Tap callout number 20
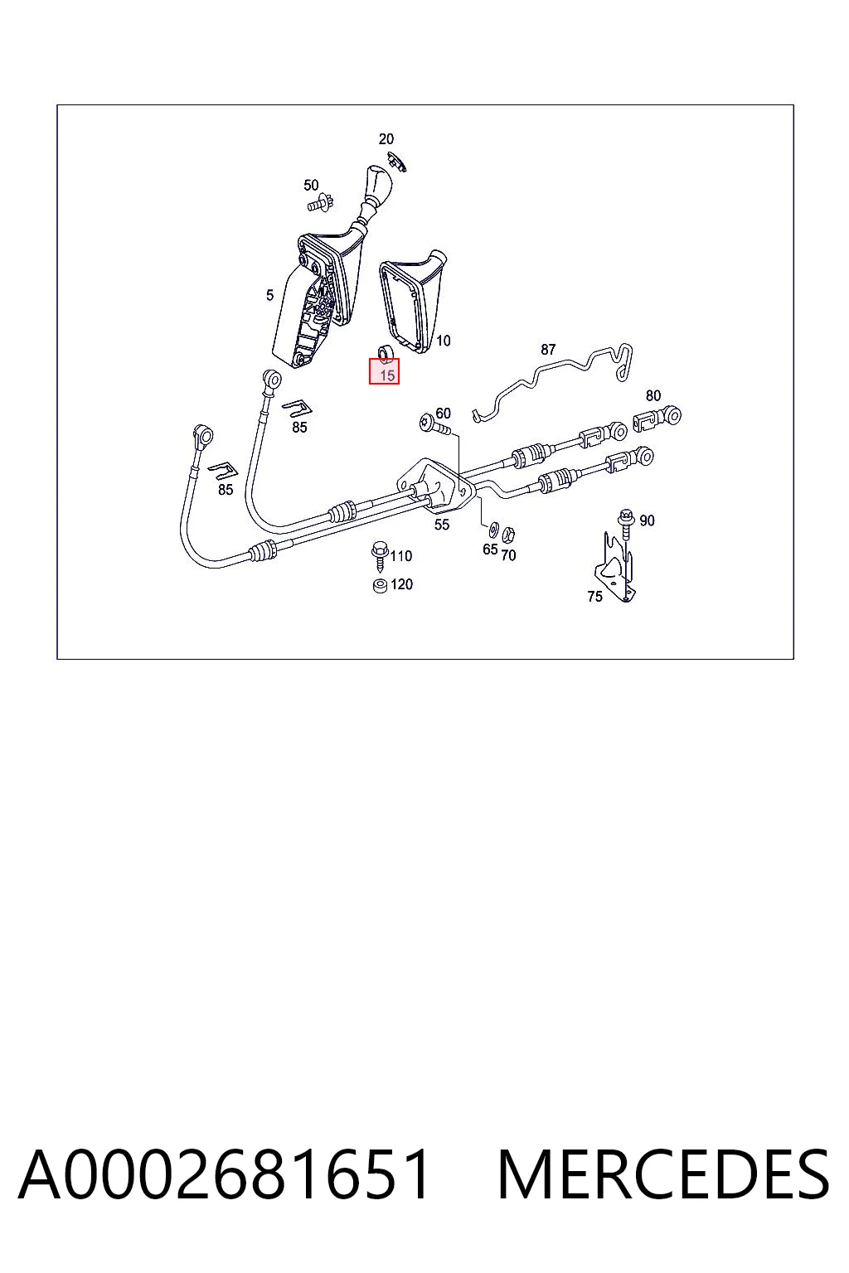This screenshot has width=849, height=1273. click(x=386, y=138)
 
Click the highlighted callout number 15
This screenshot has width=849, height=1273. click(x=387, y=375)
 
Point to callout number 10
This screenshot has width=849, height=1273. click(x=443, y=341)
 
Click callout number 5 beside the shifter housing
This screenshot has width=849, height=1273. click(x=269, y=295)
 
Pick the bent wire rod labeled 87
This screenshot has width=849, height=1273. click(x=552, y=382)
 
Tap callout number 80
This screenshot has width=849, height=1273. click(x=653, y=395)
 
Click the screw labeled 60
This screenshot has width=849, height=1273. click(x=434, y=424)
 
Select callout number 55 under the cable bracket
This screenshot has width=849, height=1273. click(x=442, y=525)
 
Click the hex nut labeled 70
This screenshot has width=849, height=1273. click(x=509, y=535)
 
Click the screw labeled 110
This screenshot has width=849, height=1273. click(x=379, y=557)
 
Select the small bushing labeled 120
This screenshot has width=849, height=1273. click(x=379, y=585)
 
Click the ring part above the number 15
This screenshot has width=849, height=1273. click(x=386, y=353)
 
